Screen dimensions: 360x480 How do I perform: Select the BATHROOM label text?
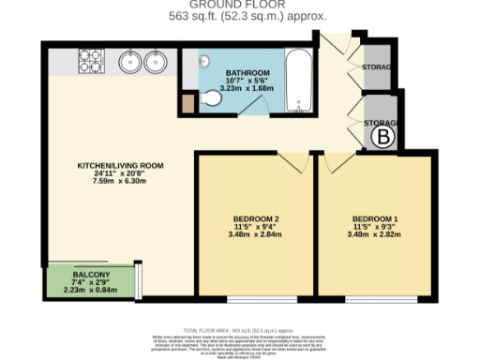click(247, 72)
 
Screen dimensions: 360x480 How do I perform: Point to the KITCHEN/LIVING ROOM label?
click(120, 165)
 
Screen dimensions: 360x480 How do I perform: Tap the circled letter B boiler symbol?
click(383, 139)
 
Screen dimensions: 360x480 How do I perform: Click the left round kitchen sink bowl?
click(129, 63)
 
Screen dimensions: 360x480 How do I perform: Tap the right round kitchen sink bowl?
click(155, 63)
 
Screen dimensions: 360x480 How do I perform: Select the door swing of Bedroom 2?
click(291, 160)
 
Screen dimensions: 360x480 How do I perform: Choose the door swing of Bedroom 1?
click(335, 160)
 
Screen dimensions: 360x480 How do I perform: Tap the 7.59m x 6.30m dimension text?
click(120, 181)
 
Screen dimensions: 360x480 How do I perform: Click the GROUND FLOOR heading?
click(240, 5)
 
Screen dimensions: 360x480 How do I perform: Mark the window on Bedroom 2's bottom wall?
click(255, 300)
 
